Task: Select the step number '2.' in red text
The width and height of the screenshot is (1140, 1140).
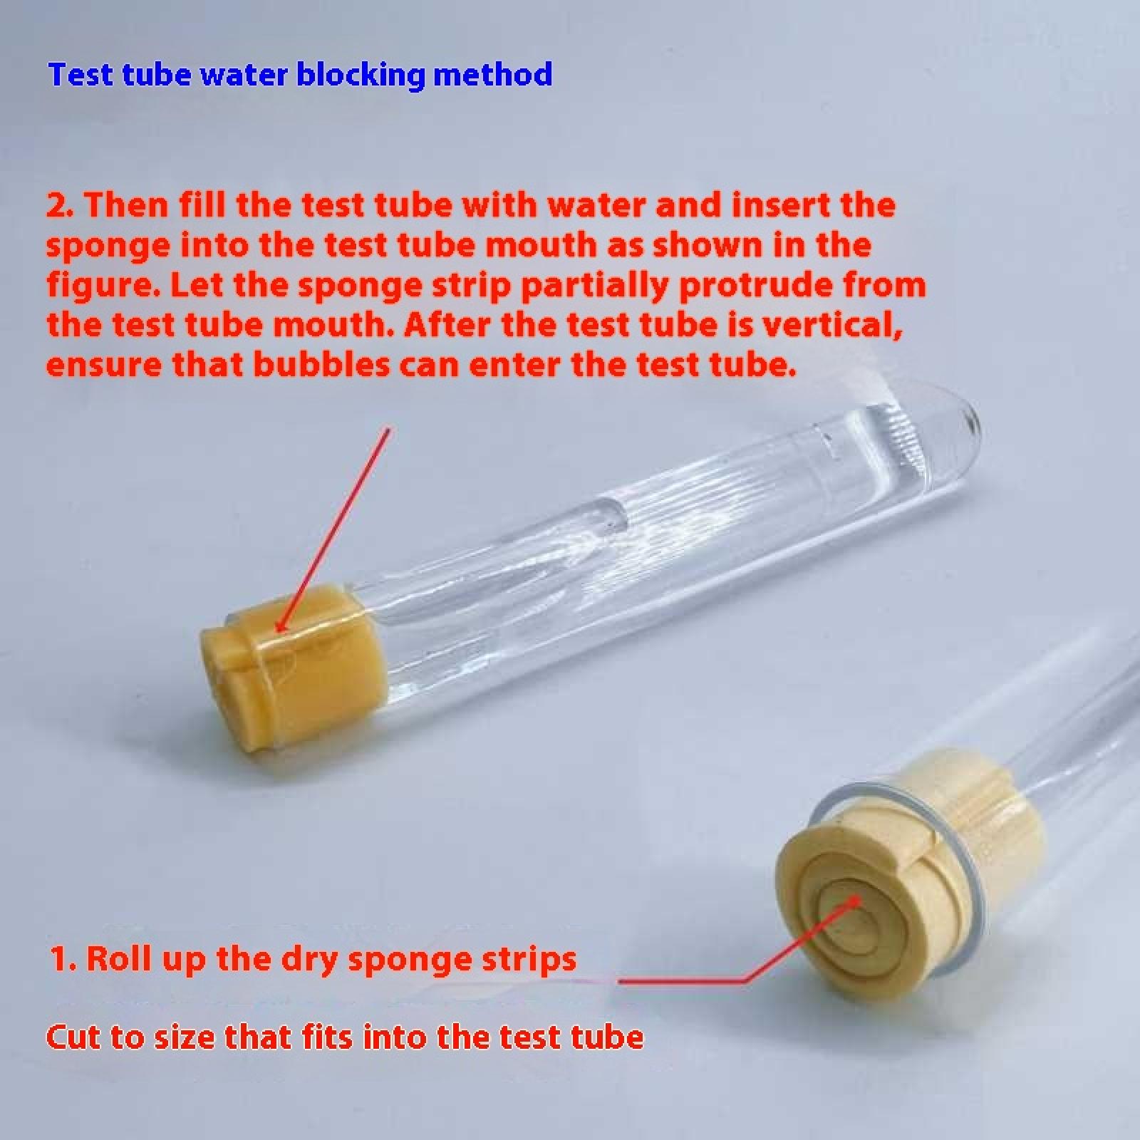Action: [62, 205]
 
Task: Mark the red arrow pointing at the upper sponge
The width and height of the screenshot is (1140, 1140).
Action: [333, 529]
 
